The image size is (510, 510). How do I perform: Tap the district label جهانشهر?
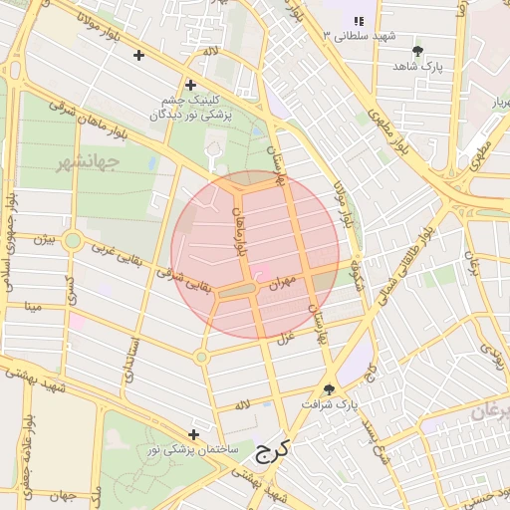tap(88, 160)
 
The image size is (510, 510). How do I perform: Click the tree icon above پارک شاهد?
tap(416, 50)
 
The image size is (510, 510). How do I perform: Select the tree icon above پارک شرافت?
tap(330, 388)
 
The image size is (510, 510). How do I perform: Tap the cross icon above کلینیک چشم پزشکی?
tap(189, 86)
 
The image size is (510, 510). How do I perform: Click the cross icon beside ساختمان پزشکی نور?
tap(193, 434)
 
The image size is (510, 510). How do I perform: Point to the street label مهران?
tap(283, 285)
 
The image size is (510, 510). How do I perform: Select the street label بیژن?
tap(42, 240)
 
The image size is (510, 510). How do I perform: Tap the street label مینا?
tap(34, 306)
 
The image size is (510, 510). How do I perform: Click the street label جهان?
tap(66, 495)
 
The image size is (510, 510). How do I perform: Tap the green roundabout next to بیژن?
tap(73, 240)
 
